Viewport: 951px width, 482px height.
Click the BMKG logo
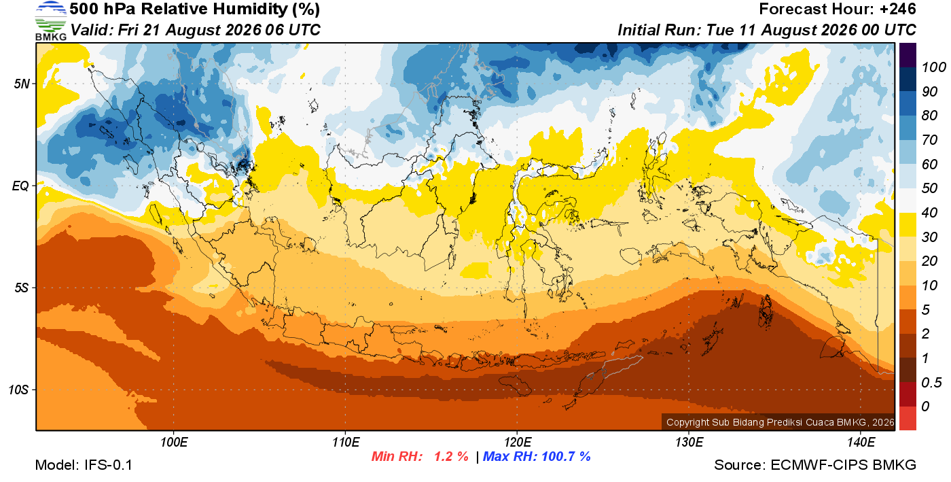[50, 20]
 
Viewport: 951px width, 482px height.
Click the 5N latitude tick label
[22, 84]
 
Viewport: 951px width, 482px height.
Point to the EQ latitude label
[20, 186]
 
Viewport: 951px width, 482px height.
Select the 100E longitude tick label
[174, 442]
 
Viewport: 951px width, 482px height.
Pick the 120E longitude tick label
[517, 442]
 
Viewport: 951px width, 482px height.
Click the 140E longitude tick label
[861, 442]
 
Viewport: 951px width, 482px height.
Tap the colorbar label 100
[933, 67]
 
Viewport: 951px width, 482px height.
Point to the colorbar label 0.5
[931, 383]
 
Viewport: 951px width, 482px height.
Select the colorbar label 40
[929, 213]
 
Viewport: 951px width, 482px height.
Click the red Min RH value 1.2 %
[451, 456]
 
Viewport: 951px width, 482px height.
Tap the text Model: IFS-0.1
[84, 465]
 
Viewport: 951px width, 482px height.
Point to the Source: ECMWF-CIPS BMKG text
[815, 465]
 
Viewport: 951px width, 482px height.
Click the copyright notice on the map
[780, 422]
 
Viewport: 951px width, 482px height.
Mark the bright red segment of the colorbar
[908, 419]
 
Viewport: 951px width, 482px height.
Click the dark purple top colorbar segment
[908, 55]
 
